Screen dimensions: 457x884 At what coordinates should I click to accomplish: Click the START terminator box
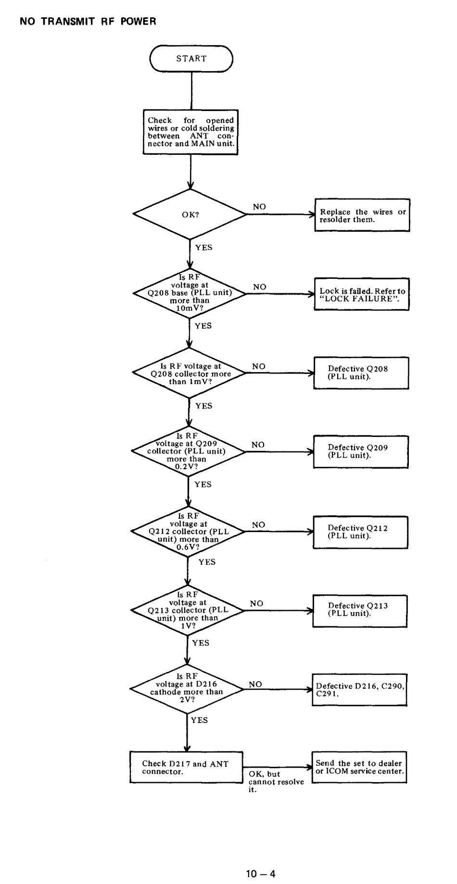191,59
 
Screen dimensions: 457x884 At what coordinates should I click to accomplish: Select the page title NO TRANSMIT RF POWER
88,22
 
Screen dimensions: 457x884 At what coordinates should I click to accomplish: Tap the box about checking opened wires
190,132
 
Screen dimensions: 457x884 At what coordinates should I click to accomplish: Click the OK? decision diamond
190,214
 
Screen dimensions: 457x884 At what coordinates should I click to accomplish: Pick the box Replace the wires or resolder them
362,215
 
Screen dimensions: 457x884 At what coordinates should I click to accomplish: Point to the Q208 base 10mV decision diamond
190,293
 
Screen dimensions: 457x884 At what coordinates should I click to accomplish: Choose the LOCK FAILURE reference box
362,294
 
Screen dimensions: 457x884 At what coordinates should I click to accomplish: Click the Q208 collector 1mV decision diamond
189,373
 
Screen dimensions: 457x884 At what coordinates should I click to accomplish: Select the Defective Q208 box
361,373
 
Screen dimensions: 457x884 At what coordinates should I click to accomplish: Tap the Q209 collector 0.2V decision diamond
188,451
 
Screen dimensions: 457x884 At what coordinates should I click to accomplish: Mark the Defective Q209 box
361,452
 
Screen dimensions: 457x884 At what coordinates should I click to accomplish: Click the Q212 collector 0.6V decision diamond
188,532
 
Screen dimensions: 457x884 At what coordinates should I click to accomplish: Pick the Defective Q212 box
361,533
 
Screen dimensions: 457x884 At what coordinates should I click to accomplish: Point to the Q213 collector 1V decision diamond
187,611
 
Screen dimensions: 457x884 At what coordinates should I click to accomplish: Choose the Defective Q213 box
360,611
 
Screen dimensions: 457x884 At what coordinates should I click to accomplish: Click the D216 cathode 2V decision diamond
187,690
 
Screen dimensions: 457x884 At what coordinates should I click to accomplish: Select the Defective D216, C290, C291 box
360,690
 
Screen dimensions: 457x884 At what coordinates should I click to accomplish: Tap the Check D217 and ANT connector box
186,768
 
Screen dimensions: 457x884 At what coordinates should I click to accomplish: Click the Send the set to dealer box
359,768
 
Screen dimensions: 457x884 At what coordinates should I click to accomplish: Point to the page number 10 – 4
261,874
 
